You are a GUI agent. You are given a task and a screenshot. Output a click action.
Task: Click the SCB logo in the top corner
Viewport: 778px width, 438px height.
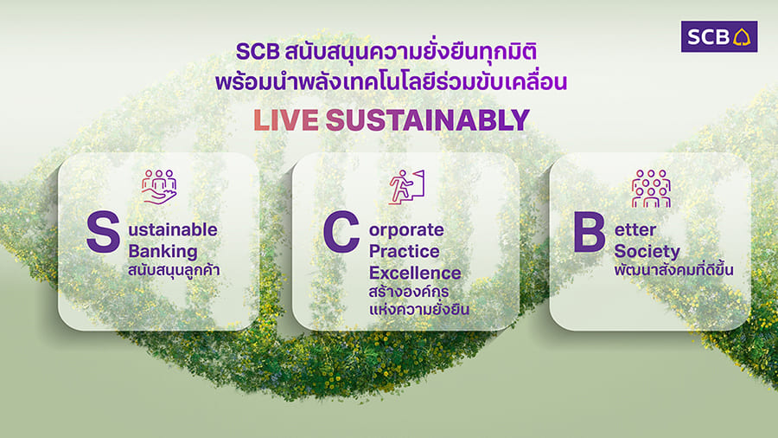click(x=719, y=36)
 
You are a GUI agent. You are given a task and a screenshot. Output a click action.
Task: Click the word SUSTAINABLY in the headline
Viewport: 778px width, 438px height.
click(x=427, y=120)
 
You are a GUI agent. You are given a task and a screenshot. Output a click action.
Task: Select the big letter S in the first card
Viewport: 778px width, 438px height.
click(x=103, y=232)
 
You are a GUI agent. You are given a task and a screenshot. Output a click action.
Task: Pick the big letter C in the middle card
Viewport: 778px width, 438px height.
click(x=341, y=232)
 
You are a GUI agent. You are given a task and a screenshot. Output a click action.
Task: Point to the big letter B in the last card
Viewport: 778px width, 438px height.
click(x=589, y=232)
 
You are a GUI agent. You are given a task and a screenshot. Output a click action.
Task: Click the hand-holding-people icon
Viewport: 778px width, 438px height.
click(x=159, y=186)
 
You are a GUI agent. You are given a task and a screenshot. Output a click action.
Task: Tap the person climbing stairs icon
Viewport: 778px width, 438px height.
click(x=407, y=187)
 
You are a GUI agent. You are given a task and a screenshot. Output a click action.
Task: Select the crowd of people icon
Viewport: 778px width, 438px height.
click(x=651, y=188)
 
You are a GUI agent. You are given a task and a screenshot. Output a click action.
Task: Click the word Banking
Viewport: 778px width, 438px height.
click(x=163, y=251)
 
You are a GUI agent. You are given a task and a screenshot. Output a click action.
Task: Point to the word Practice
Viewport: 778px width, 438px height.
click(x=404, y=251)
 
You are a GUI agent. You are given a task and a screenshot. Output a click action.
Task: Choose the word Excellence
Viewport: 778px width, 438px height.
click(x=415, y=273)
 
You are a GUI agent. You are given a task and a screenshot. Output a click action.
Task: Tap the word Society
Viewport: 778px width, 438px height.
click(x=647, y=252)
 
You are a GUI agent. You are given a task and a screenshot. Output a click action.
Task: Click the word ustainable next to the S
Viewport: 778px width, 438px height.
click(x=173, y=230)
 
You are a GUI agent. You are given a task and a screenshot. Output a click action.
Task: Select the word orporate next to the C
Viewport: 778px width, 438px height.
click(x=406, y=230)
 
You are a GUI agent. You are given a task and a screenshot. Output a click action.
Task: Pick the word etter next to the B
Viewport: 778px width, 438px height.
click(x=635, y=230)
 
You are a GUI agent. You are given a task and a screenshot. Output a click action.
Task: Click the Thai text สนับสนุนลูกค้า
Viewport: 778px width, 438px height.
click(x=174, y=270)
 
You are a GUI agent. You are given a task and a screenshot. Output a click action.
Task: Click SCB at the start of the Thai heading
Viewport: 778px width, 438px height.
click(x=258, y=52)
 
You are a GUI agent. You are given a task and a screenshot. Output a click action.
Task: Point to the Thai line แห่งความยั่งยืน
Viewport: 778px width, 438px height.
click(x=418, y=309)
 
